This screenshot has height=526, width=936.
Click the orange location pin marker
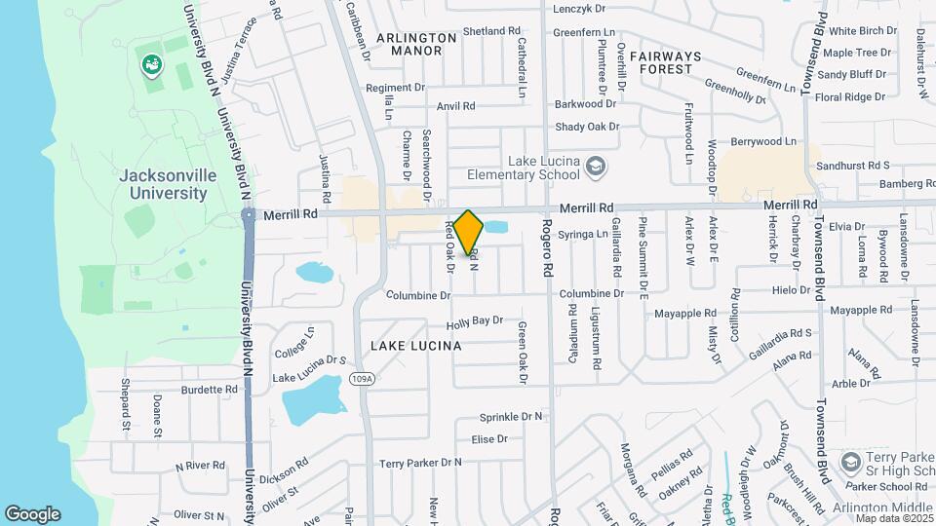pyautogui.click(x=468, y=232)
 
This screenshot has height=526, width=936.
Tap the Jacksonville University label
pyautogui.click(x=164, y=184)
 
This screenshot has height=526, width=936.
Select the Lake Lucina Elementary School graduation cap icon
pyautogui.click(x=595, y=168)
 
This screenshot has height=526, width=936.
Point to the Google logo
pyautogui.click(x=32, y=513)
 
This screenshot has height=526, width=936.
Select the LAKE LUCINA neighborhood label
pyautogui.click(x=415, y=346)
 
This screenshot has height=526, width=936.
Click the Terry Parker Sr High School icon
pyautogui.click(x=849, y=460)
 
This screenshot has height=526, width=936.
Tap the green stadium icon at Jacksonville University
pyautogui.click(x=151, y=65)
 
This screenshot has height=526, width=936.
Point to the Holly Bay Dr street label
pyautogui.click(x=475, y=320)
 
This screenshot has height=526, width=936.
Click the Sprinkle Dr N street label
pyautogui.click(x=510, y=417)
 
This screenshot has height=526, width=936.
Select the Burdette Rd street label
pyautogui.click(x=210, y=390)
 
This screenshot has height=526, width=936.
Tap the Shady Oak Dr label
pyautogui.click(x=587, y=127)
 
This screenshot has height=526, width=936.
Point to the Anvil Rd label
pyautogui.click(x=456, y=106)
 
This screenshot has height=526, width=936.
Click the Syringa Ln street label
pyautogui.click(x=588, y=234)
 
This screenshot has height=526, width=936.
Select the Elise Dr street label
pyautogui.click(x=489, y=439)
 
